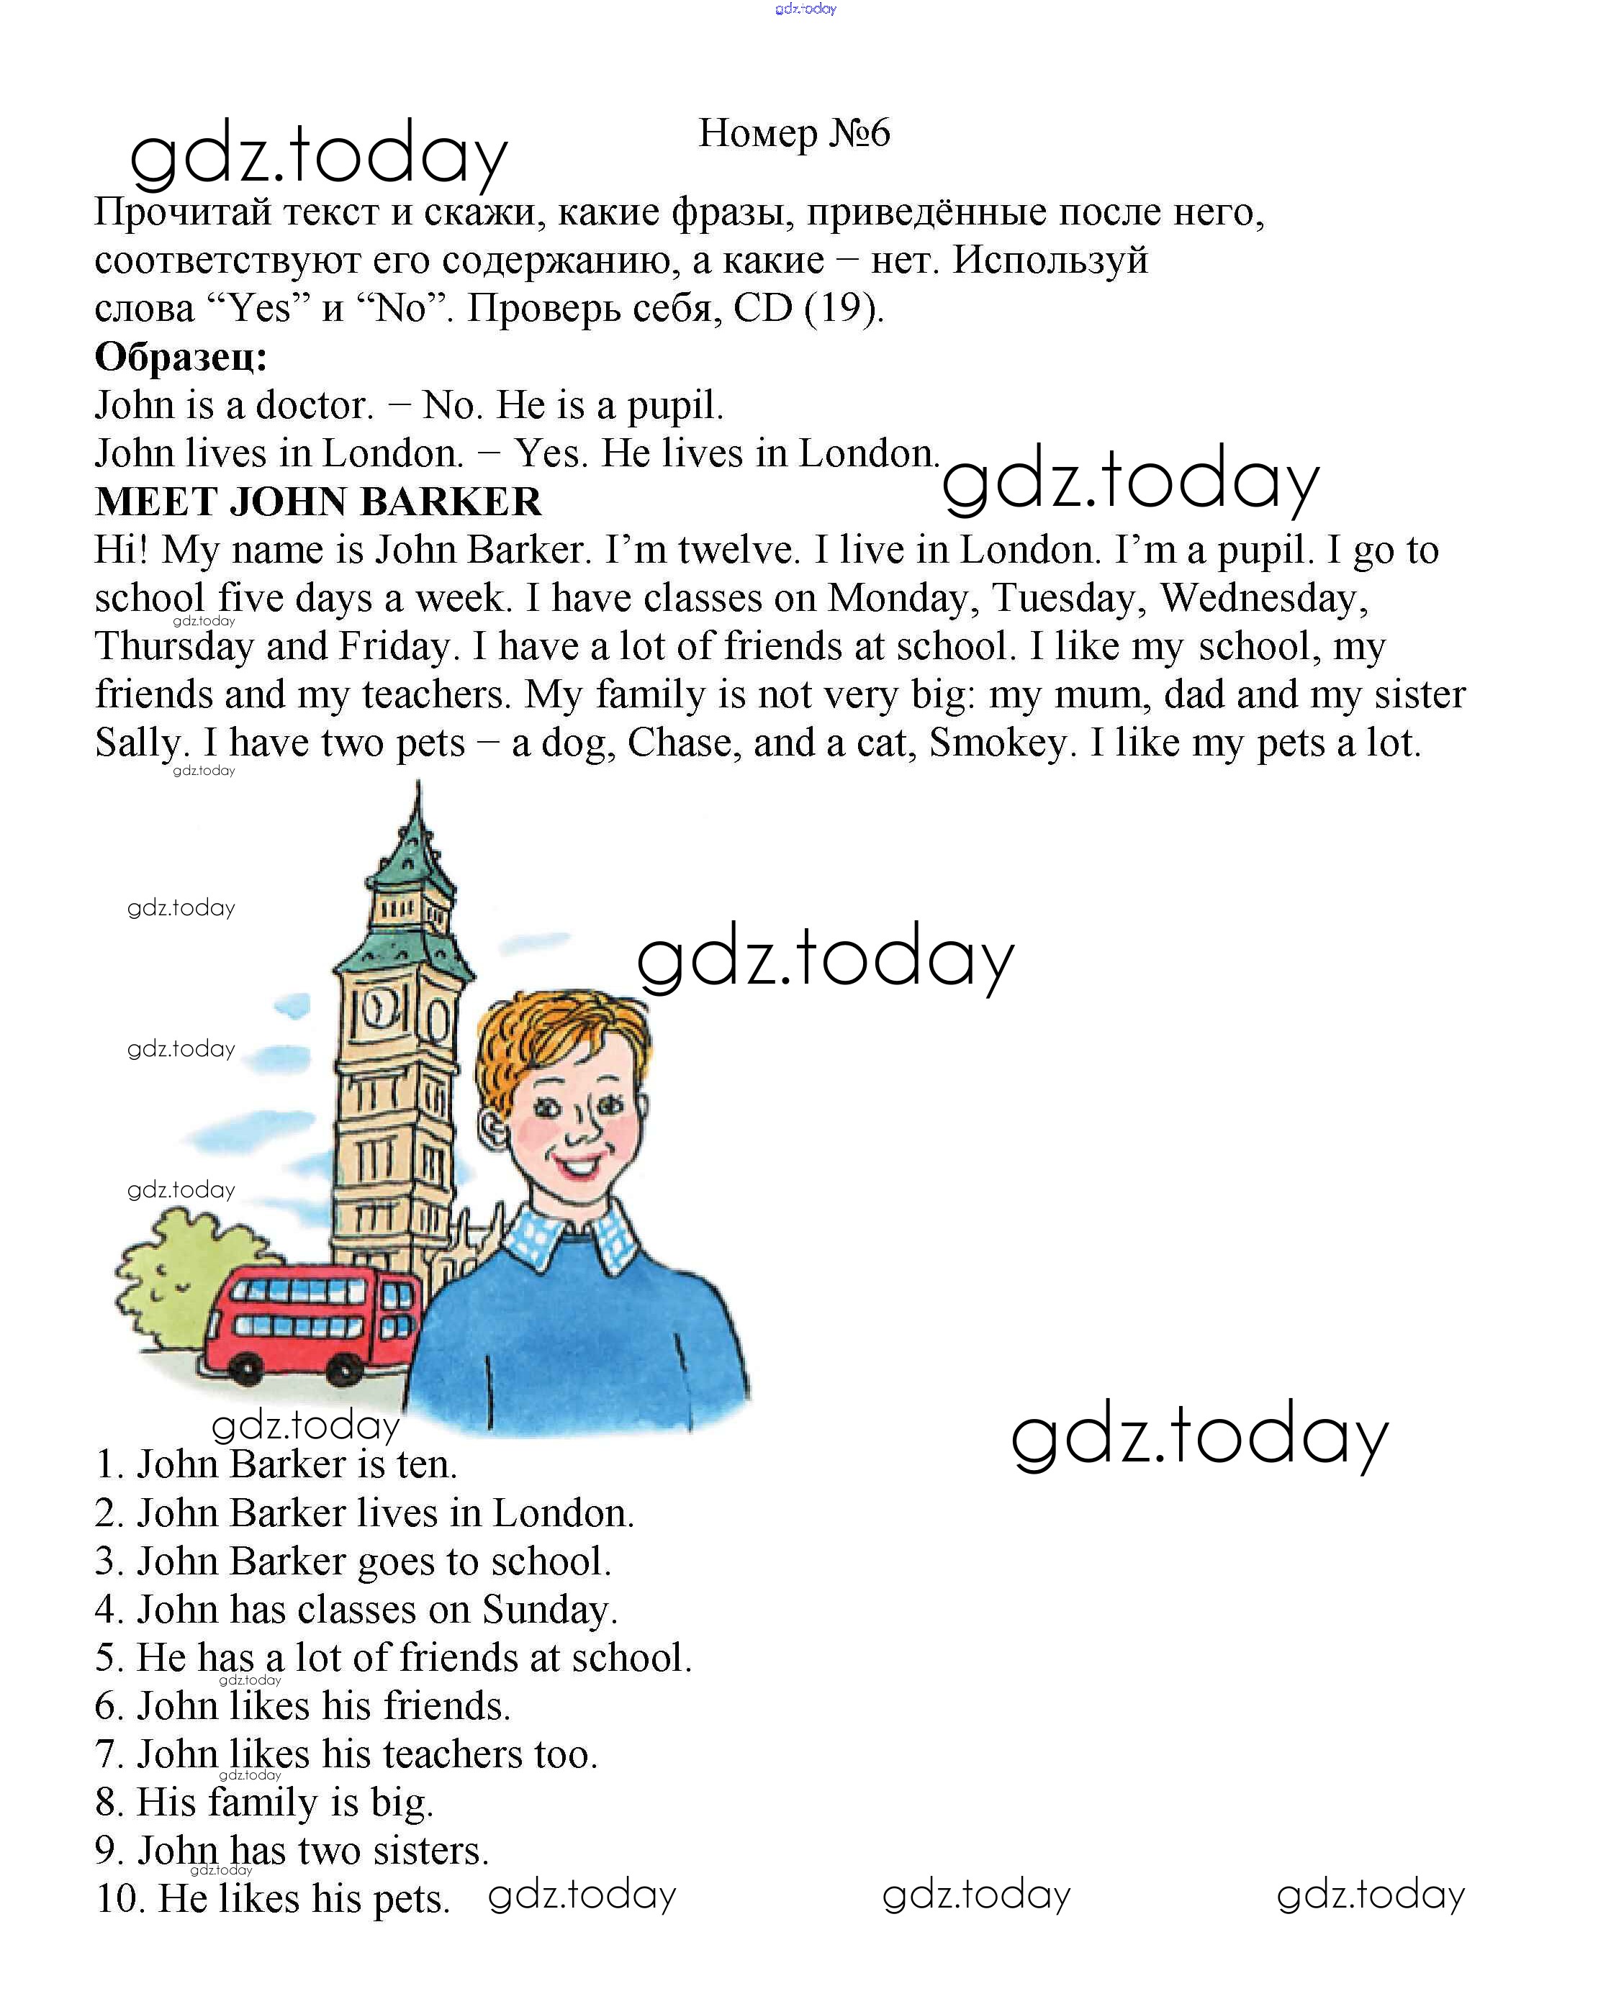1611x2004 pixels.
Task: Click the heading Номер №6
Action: pos(794,133)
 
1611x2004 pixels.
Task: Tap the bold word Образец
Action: pos(181,357)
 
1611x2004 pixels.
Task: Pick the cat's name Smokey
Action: pos(998,743)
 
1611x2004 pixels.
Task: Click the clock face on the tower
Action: pos(380,1010)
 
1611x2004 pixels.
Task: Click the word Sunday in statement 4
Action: pos(549,1609)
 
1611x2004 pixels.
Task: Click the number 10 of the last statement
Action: pos(119,1899)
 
